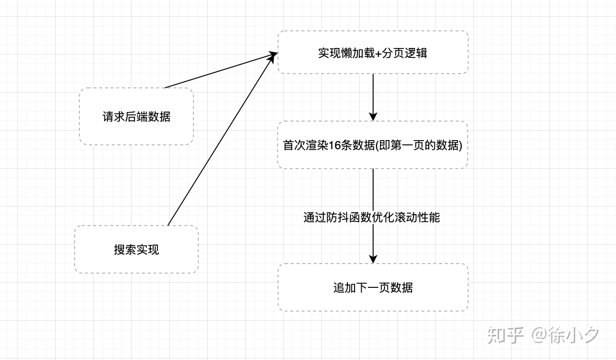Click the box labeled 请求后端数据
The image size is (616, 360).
coord(136,116)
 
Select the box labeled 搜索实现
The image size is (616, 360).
coord(136,249)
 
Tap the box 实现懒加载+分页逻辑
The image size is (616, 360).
coord(373,52)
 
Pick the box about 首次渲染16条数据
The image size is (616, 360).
coord(373,145)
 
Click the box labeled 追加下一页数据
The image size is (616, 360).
coord(373,287)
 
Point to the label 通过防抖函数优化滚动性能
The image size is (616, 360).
coord(372,217)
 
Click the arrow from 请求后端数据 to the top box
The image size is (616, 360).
coord(219,71)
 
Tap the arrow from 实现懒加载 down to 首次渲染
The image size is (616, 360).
coord(373,95)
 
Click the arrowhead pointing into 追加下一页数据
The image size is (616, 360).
coord(373,259)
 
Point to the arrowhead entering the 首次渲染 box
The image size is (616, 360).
coord(373,116)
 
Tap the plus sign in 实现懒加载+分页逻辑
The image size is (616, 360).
coord(378,53)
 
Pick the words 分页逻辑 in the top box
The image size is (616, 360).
coord(404,53)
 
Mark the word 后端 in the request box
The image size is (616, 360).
coord(136,116)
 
